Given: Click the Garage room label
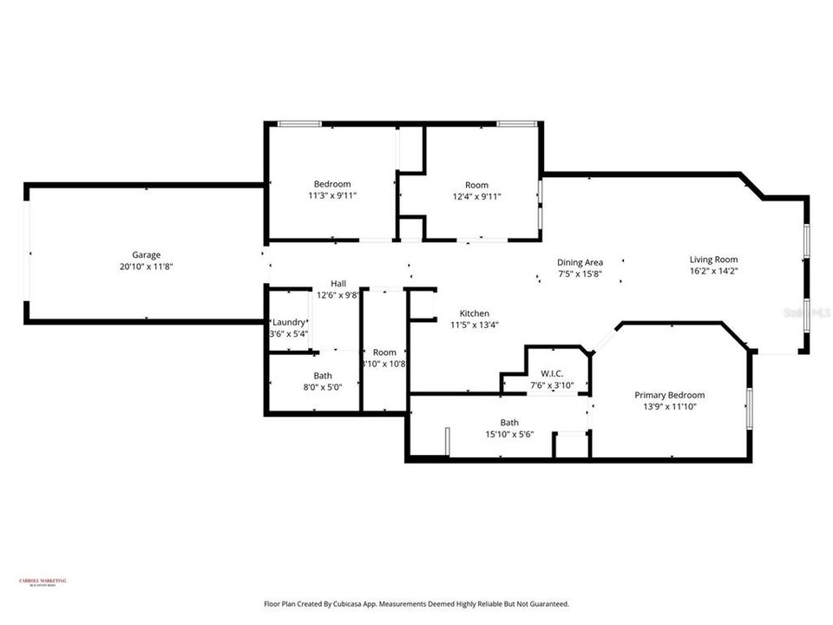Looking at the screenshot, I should point(146,254).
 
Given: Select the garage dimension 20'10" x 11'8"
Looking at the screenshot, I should point(146,266).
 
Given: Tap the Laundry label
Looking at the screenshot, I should point(289,322).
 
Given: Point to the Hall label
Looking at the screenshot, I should point(338,283).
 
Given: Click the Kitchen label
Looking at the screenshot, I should point(475,313).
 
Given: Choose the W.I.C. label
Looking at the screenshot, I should point(547,373).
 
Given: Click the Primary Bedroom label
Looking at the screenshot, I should point(669,394).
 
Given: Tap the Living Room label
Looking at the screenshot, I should point(713,259).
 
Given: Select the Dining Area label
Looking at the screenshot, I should point(580,262).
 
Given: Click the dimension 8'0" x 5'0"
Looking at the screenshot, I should point(323,387).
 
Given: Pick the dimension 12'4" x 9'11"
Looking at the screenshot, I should point(476,196).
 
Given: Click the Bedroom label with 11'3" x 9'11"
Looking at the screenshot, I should point(332,183).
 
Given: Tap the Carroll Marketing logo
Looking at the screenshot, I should point(43,582).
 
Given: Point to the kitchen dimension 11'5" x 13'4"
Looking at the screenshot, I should point(474,325).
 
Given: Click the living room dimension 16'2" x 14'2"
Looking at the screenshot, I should point(713,271).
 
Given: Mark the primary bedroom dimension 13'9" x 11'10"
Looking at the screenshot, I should point(669,406).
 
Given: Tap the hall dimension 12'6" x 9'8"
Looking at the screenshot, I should point(338,295).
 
